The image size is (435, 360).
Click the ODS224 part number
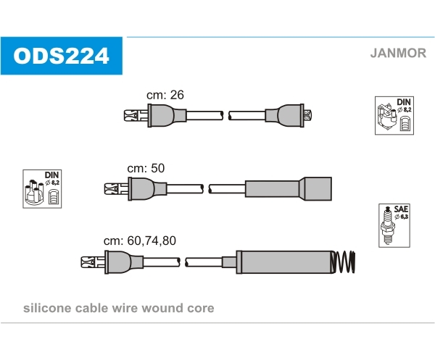coord(62,56)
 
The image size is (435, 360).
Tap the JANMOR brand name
coord(398,53)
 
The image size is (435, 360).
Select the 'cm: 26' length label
coord(165,95)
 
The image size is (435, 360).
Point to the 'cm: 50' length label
coord(146,168)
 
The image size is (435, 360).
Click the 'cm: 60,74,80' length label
coord(139,240)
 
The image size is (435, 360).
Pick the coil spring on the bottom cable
coord(343,262)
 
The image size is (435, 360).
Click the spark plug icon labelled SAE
coord(387,225)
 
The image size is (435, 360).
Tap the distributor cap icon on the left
coord(35,193)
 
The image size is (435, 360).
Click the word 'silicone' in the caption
coord(47,308)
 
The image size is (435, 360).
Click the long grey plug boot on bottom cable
coord(286,262)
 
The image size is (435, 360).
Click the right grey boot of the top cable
coord(284,116)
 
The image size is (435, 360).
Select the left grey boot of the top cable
coord(167,116)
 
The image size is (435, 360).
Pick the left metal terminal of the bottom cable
coord(93,262)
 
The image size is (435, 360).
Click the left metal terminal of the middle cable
coord(116,189)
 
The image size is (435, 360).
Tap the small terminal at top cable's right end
coord(308,115)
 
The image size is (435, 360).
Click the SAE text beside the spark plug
coord(401,209)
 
